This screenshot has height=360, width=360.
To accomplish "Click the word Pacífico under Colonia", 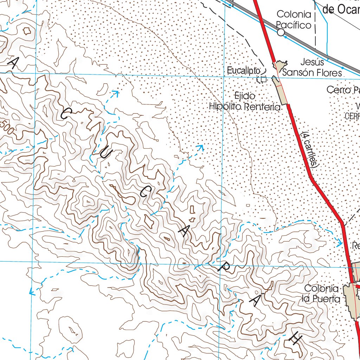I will pyautogui.click(x=294, y=25).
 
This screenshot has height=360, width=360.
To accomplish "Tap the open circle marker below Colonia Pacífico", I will pyautogui.click(x=281, y=32).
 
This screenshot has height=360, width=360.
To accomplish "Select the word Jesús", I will pyautogui.click(x=312, y=62).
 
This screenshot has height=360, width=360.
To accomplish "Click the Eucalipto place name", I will pyautogui.click(x=243, y=71).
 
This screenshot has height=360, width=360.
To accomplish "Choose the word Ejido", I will pyautogui.click(x=245, y=96).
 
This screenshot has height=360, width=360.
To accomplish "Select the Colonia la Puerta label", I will pyautogui.click(x=322, y=294).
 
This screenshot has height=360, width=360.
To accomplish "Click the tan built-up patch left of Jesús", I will pyautogui.click(x=280, y=66).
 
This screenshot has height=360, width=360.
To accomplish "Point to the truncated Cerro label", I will pyautogui.click(x=343, y=90).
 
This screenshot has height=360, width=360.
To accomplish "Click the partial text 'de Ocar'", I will pyautogui.click(x=341, y=9).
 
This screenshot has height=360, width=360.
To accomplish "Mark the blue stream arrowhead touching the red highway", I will pyautogui.click(x=340, y=243).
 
